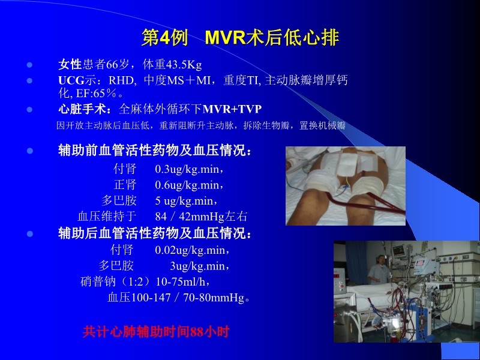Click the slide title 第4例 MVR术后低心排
point(240,38)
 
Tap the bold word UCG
point(70,80)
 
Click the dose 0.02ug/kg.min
point(193,249)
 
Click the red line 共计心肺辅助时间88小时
point(156,331)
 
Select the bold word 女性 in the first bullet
point(70,65)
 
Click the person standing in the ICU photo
point(379,269)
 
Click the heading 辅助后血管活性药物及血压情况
point(155,233)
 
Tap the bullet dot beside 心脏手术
point(29,109)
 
